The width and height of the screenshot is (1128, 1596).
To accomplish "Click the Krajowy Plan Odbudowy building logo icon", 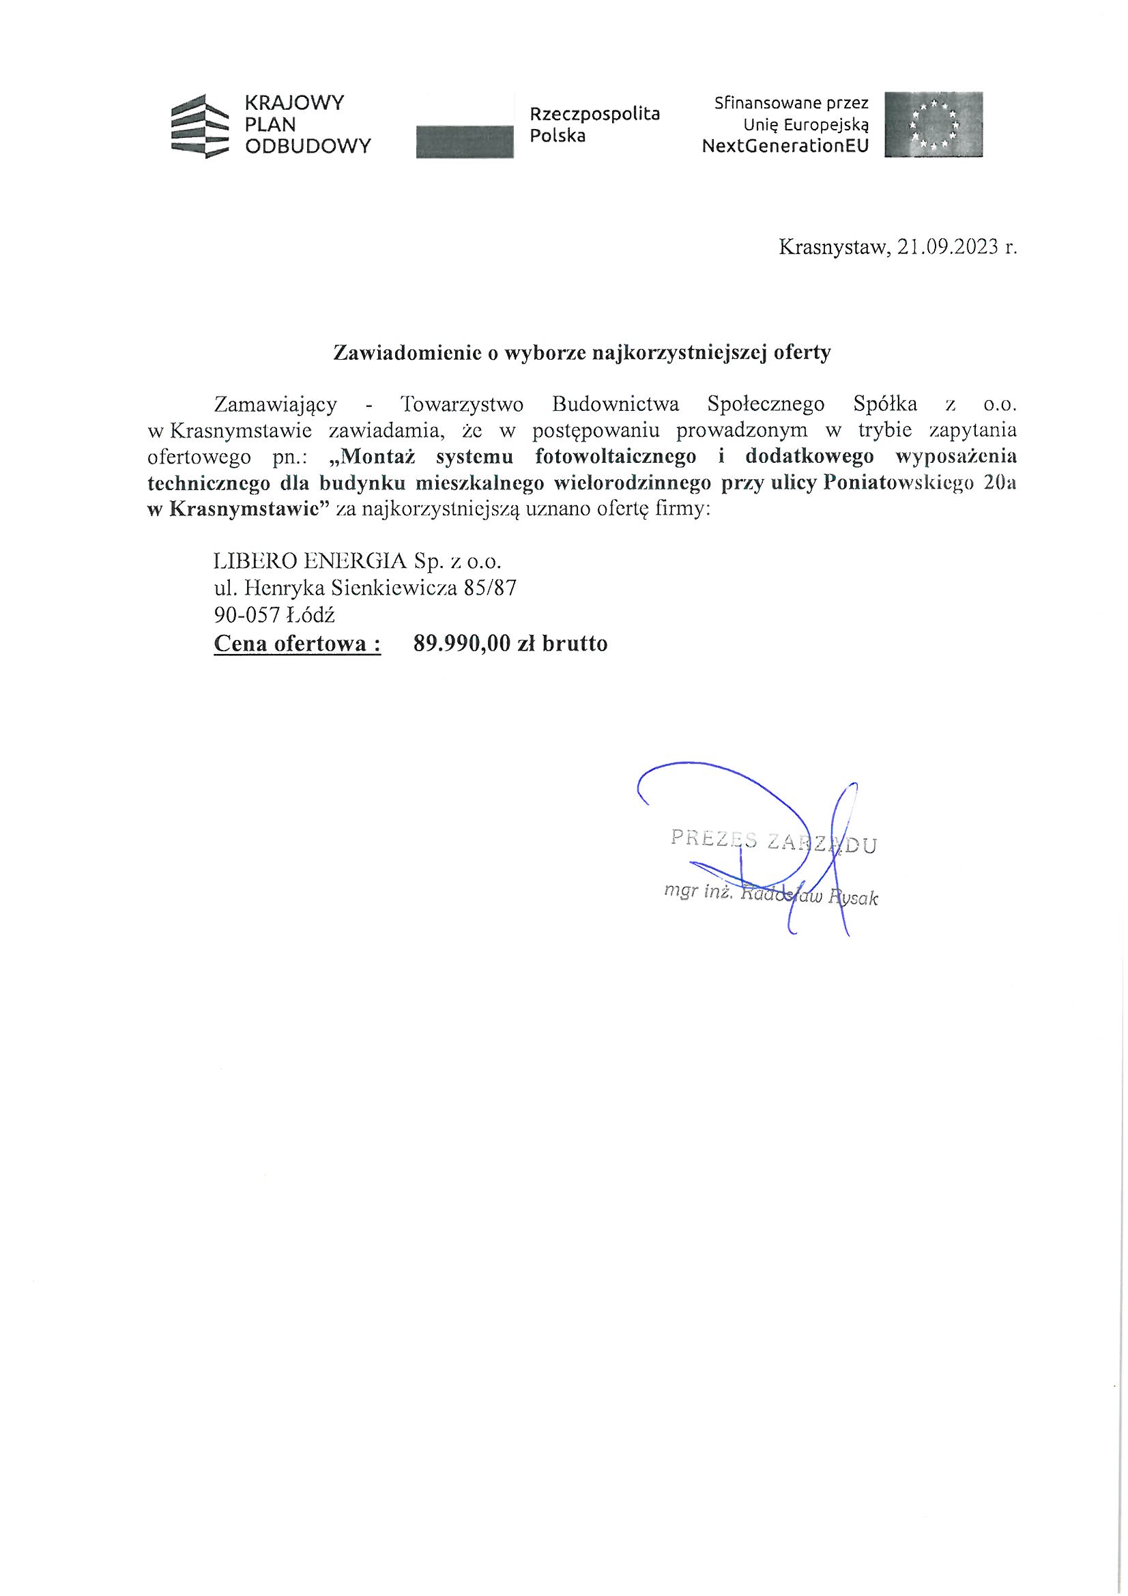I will [x=199, y=126].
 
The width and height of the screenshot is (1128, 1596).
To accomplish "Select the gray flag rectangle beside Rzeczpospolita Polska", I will [x=463, y=141].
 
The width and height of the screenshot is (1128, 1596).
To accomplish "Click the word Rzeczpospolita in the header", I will [x=594, y=114].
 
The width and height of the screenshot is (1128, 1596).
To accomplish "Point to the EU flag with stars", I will [x=934, y=124].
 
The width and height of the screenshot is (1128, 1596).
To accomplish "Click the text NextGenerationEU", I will [x=785, y=147].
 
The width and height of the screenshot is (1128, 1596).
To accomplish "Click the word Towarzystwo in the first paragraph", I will [x=463, y=404].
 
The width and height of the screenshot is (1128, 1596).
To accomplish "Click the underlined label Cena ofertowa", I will [x=297, y=644].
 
